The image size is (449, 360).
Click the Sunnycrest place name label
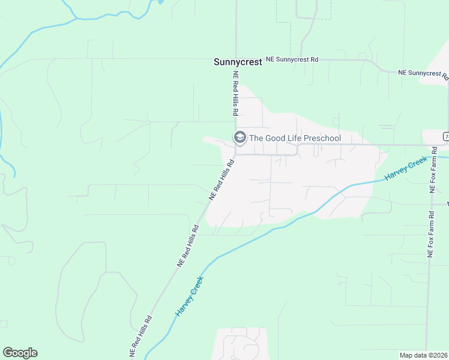(x=238, y=62)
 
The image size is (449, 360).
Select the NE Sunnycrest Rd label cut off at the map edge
(x=423, y=73)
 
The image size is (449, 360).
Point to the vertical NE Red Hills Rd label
(x=236, y=94)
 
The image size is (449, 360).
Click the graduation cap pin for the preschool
(x=240, y=138)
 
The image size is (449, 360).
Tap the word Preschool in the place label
(x=322, y=139)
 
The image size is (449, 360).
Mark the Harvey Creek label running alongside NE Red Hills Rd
(x=190, y=296)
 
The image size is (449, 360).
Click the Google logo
(x=20, y=353)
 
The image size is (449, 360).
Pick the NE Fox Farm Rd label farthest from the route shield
(x=430, y=235)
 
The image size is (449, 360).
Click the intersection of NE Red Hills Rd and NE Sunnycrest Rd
(x=236, y=60)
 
